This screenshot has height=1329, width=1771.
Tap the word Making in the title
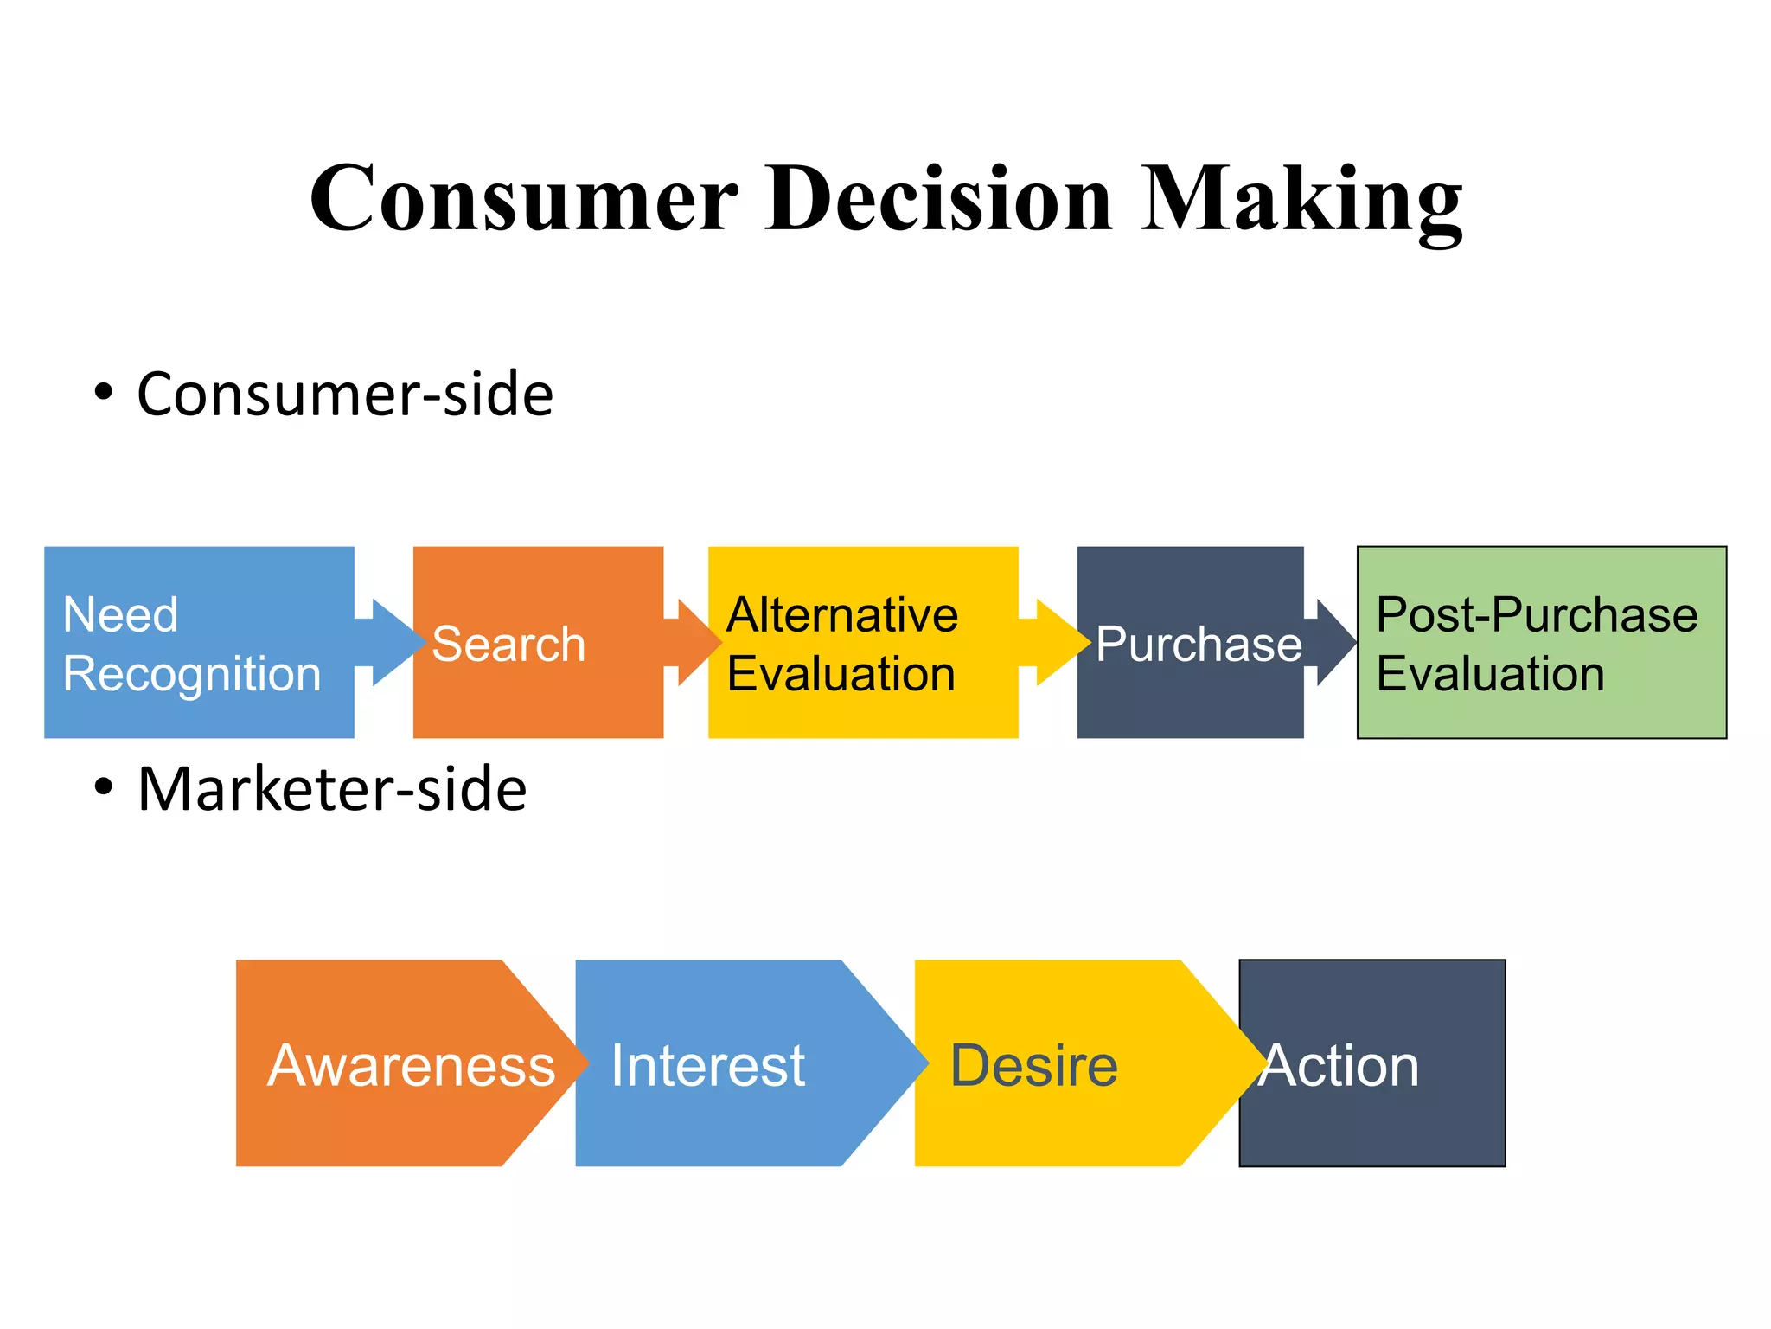(x=1301, y=201)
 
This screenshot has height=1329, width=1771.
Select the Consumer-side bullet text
(x=344, y=395)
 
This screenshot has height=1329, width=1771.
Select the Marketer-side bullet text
(x=332, y=789)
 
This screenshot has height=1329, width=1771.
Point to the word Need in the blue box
(x=120, y=615)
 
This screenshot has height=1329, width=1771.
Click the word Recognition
(x=192, y=674)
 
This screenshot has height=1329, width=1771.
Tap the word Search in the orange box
(x=508, y=645)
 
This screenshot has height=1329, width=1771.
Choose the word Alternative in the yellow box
(x=842, y=615)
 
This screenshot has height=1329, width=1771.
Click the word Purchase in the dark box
(x=1199, y=645)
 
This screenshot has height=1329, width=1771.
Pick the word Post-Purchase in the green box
(x=1537, y=615)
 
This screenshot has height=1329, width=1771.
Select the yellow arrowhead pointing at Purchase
(x=1059, y=642)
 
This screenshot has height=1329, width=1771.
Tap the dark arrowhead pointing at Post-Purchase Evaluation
(x=1333, y=642)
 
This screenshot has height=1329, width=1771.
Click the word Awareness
(x=412, y=1065)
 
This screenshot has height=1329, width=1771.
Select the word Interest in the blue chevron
(x=707, y=1065)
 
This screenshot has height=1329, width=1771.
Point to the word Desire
(x=1033, y=1065)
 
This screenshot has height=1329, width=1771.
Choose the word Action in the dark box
(x=1340, y=1065)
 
